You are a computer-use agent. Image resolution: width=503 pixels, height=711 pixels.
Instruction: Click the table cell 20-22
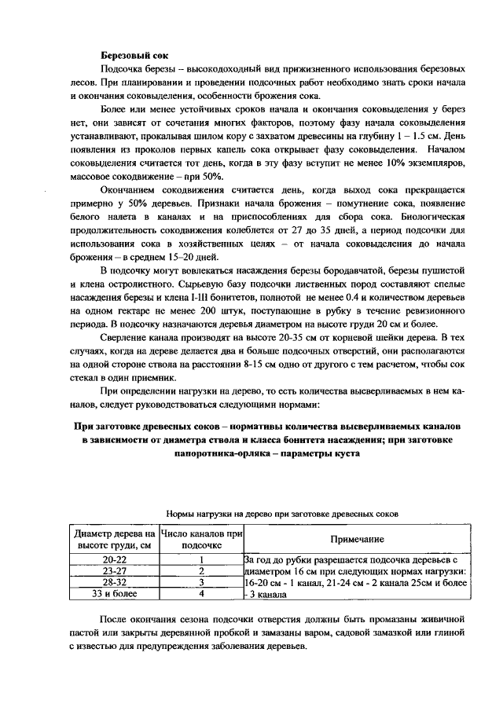point(114,559)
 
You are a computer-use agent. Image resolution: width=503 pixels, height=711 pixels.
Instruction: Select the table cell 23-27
point(114,571)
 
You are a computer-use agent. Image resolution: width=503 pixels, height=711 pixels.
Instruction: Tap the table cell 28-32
point(114,583)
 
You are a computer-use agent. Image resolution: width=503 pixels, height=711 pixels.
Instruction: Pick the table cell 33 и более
point(114,595)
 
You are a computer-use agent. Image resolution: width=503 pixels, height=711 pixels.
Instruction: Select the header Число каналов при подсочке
point(201,540)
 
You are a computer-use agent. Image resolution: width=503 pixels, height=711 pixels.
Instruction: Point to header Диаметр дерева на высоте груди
point(114,540)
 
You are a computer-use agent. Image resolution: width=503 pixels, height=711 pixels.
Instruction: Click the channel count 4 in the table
point(201,595)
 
